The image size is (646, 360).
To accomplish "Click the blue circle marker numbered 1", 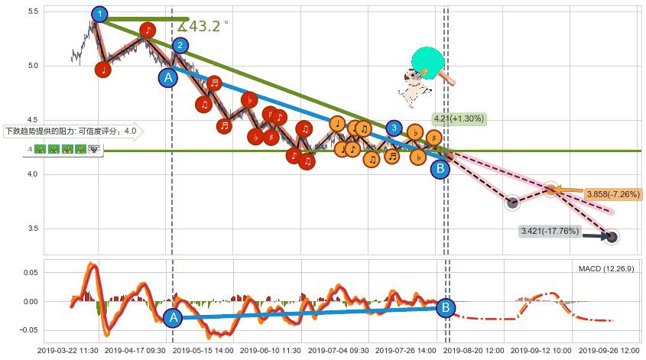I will point(99,14).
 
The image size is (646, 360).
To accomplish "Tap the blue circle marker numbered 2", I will point(180,45).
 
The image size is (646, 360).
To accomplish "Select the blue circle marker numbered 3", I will point(393,128).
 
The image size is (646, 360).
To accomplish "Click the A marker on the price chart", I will point(167,76).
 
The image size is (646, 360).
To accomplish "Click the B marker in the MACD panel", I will point(445,308).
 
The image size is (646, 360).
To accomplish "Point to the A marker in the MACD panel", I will point(174,318).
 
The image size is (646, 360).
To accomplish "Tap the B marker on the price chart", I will point(440,169).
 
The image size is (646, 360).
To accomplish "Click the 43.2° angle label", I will point(203,26).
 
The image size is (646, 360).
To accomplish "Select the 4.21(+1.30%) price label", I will point(459,118).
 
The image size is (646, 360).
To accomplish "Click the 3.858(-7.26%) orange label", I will point(612,194).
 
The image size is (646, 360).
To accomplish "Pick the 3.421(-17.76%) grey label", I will point(550,231).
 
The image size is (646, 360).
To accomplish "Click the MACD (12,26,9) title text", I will point(605,268).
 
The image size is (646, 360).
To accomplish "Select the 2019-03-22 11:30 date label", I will point(69,350).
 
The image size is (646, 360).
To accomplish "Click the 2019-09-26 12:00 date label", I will point(609,350).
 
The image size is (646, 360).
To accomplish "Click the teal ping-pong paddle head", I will point(427,62).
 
